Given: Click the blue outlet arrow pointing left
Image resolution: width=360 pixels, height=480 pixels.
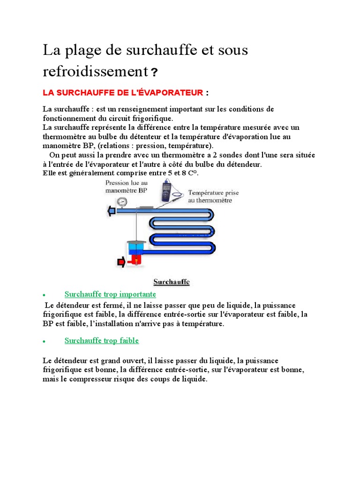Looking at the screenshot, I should pyautogui.click(x=112, y=212).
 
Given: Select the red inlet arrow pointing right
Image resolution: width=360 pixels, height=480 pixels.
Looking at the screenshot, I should pyautogui.click(x=121, y=262).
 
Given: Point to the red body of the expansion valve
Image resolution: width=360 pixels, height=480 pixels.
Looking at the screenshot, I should pyautogui.click(x=136, y=259).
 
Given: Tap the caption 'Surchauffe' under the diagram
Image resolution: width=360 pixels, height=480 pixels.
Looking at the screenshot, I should pyautogui.click(x=172, y=282).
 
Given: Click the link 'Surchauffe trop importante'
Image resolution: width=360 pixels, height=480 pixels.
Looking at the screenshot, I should pyautogui.click(x=110, y=294).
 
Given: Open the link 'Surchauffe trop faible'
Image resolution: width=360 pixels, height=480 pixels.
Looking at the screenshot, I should pyautogui.click(x=102, y=340).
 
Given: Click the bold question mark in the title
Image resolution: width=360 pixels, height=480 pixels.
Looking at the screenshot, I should pyautogui.click(x=154, y=73).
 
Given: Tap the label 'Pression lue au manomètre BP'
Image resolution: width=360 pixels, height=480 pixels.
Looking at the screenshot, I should pyautogui.click(x=127, y=187).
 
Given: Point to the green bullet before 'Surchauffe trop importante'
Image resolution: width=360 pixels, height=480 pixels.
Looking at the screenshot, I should pyautogui.click(x=44, y=295).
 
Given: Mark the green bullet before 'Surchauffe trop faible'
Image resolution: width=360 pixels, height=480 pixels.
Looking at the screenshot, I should pyautogui.click(x=44, y=341).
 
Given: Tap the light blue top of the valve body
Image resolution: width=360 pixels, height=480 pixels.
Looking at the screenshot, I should pyautogui.click(x=135, y=245).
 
